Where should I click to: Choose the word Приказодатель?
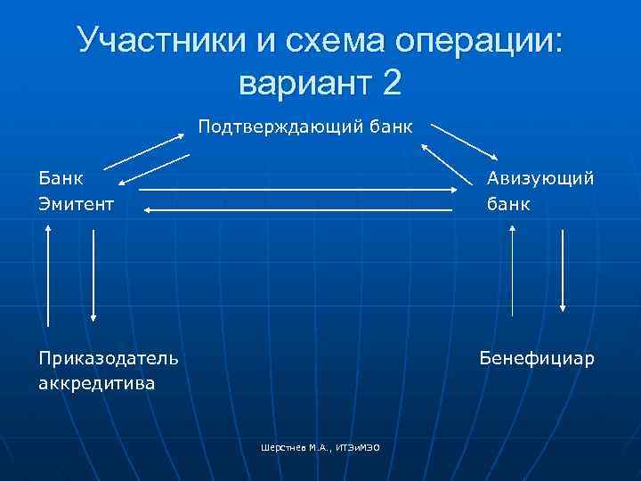(x=108, y=358)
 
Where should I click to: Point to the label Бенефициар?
(x=537, y=358)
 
